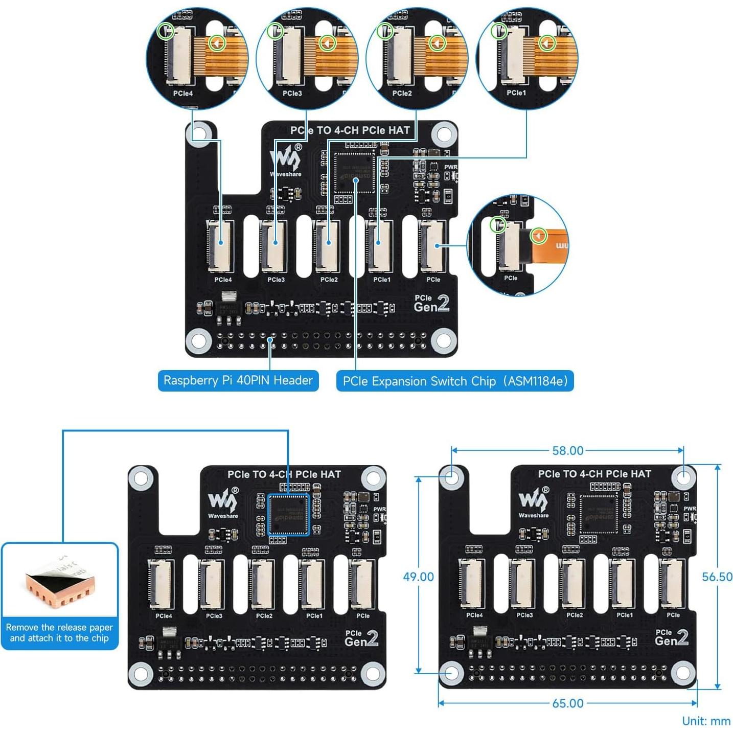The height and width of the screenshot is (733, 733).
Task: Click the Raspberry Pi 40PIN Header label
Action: tap(238, 381)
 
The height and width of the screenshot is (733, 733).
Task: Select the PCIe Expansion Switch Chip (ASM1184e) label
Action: tap(455, 381)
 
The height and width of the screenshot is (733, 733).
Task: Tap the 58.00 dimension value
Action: tap(567, 451)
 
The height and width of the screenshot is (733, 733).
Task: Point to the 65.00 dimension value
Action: tap(567, 703)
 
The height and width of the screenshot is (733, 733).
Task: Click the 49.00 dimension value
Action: tap(418, 577)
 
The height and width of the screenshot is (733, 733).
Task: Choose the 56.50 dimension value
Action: tap(717, 577)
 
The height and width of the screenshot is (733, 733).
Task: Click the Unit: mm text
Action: tap(706, 721)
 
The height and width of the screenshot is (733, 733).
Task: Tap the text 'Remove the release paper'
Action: tap(59, 627)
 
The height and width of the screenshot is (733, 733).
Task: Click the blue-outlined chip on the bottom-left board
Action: tap(289, 514)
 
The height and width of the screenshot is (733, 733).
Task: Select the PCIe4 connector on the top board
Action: tap(220, 245)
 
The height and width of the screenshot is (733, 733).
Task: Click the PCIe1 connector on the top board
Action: tap(379, 245)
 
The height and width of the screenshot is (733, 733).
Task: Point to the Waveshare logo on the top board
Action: tap(286, 159)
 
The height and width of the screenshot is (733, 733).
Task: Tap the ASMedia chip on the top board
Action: tap(355, 172)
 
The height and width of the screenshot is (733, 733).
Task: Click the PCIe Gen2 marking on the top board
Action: tap(431, 303)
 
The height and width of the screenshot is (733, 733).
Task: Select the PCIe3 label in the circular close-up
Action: tap(292, 94)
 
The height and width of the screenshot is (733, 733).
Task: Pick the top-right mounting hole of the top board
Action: tap(444, 134)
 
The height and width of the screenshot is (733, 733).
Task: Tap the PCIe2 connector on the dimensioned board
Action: tap(574, 583)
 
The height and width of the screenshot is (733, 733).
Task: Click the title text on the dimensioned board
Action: tap(594, 474)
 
